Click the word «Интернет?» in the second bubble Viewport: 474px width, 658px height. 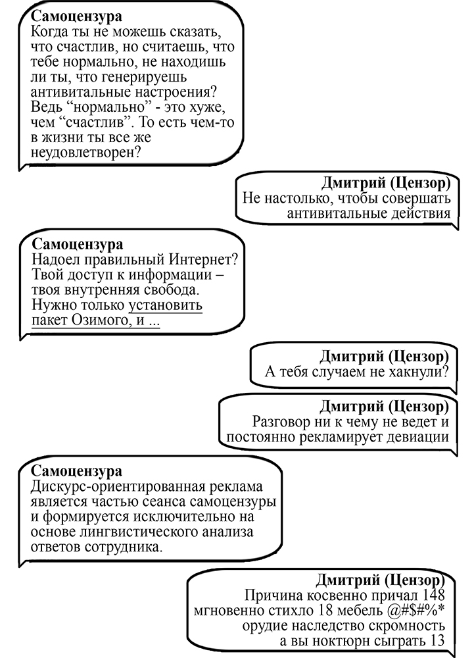click(203, 260)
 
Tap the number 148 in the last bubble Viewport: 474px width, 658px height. click(433, 595)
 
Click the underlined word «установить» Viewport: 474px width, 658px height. click(165, 305)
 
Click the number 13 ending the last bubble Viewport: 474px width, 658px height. click(436, 641)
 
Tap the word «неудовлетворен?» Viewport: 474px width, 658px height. click(86, 153)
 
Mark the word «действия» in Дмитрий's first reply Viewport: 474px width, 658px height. click(421, 214)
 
